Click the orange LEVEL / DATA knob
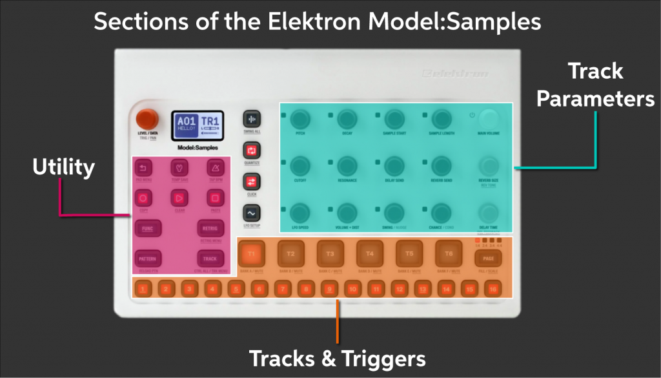pyautogui.click(x=147, y=119)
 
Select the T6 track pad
pyautogui.click(x=448, y=253)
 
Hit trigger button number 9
pyautogui.click(x=329, y=289)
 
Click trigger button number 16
pyautogui.click(x=493, y=289)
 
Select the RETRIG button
pyautogui.click(x=210, y=228)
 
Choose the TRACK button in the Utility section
pyautogui.click(x=210, y=258)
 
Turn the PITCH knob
pyautogui.click(x=300, y=118)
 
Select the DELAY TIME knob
pyautogui.click(x=489, y=213)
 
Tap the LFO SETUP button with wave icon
pyautogui.click(x=251, y=213)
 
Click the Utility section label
pyautogui.click(x=63, y=168)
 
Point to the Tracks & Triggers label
pyautogui.click(x=337, y=358)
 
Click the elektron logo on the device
pyautogui.click(x=454, y=73)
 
